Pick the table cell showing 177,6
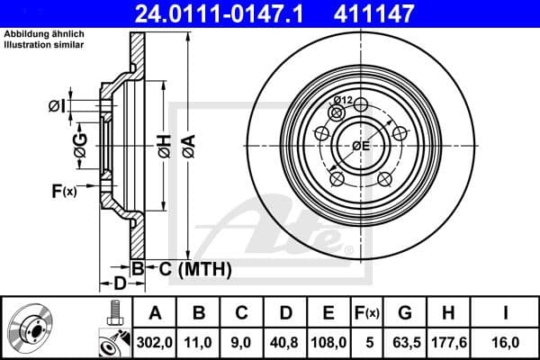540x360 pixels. click(x=447, y=343)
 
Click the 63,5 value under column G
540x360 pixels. click(x=405, y=343)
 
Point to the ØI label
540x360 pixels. click(x=57, y=107)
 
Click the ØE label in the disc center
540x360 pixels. click(x=359, y=146)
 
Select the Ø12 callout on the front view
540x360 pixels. click(x=342, y=100)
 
